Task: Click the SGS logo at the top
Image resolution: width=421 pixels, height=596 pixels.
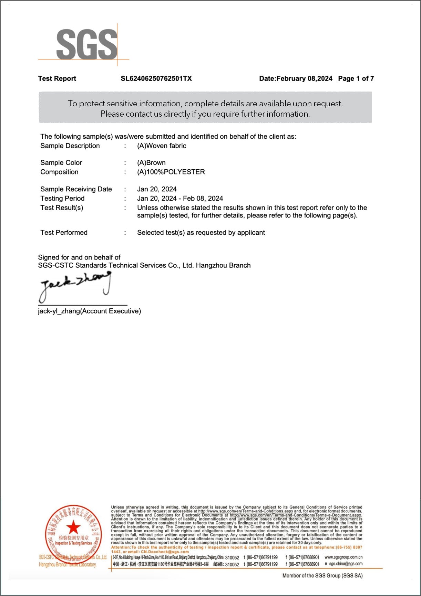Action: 86,44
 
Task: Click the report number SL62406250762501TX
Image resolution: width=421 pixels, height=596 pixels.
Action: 156,78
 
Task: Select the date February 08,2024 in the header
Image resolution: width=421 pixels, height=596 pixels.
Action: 304,78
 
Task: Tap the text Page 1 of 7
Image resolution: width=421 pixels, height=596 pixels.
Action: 356,78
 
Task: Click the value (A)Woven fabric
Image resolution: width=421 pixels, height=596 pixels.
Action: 162,146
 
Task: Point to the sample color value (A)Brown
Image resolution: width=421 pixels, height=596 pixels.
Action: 151,162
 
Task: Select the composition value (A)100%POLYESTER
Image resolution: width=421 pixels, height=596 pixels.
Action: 171,172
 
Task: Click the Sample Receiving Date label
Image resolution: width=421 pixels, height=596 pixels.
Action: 76,189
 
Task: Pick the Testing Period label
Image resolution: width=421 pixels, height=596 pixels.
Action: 62,198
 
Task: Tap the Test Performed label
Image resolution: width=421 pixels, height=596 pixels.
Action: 64,232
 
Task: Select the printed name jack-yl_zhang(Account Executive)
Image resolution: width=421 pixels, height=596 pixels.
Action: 89,311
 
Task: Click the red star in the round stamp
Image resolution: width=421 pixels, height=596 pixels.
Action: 73,527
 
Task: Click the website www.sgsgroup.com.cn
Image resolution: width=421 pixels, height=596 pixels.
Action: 343,557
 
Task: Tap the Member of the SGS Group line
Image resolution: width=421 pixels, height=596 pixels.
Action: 322,575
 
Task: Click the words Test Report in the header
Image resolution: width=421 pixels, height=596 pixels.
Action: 57,78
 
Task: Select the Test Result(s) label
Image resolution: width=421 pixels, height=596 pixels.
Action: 62,207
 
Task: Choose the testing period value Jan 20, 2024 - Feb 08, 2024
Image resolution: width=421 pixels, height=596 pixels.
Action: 180,198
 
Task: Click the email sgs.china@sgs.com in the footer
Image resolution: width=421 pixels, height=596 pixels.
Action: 345,564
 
